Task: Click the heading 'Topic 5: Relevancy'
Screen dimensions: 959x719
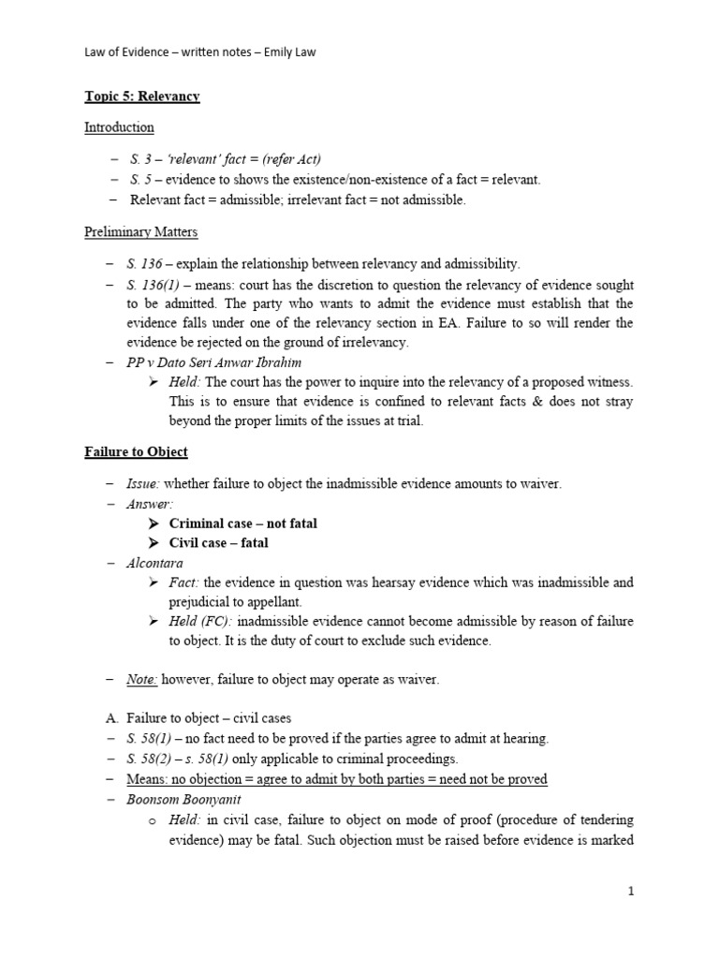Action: click(142, 96)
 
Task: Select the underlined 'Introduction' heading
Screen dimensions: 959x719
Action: click(119, 127)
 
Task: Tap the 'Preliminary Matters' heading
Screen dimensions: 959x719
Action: click(140, 232)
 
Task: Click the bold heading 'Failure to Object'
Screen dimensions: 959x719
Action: click(136, 451)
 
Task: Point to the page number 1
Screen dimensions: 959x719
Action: click(631, 892)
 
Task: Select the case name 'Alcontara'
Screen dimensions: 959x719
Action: click(155, 563)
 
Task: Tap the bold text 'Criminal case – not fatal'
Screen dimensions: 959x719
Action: click(242, 524)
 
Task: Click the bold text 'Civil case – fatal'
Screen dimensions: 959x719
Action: click(218, 543)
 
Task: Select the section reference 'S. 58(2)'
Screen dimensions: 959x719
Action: click(153, 759)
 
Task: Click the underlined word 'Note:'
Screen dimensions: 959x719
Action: click(142, 680)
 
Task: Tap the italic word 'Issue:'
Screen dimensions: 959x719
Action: click(144, 483)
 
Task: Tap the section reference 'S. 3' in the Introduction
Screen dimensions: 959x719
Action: click(140, 159)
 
